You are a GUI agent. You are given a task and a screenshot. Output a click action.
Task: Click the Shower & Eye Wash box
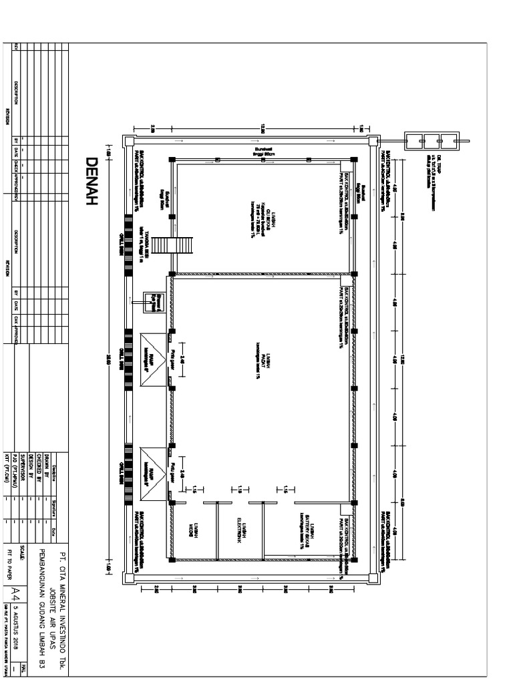point(154,301)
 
